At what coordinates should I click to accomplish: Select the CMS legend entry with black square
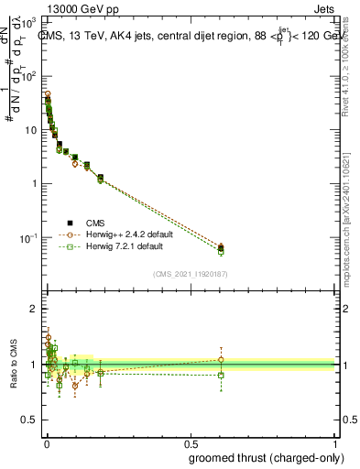point(95,223)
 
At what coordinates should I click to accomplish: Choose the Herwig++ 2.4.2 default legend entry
point(116,234)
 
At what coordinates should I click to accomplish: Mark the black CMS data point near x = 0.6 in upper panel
point(221,248)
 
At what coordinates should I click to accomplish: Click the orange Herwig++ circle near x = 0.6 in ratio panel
point(221,359)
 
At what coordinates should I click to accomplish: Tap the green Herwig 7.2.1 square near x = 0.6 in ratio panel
point(221,375)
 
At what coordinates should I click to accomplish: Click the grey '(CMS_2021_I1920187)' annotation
point(191,273)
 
